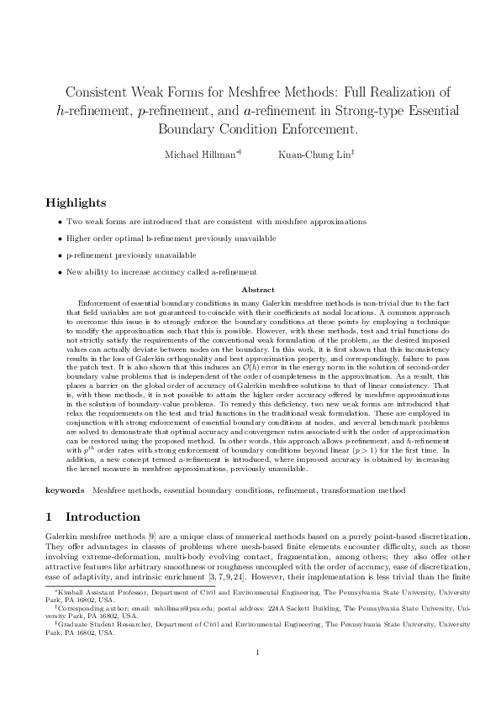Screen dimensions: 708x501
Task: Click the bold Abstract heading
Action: coord(250,290)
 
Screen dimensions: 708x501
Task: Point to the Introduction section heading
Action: coord(103,516)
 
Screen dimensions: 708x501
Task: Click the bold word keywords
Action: coord(65,489)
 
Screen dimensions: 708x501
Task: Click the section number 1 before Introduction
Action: coord(49,516)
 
